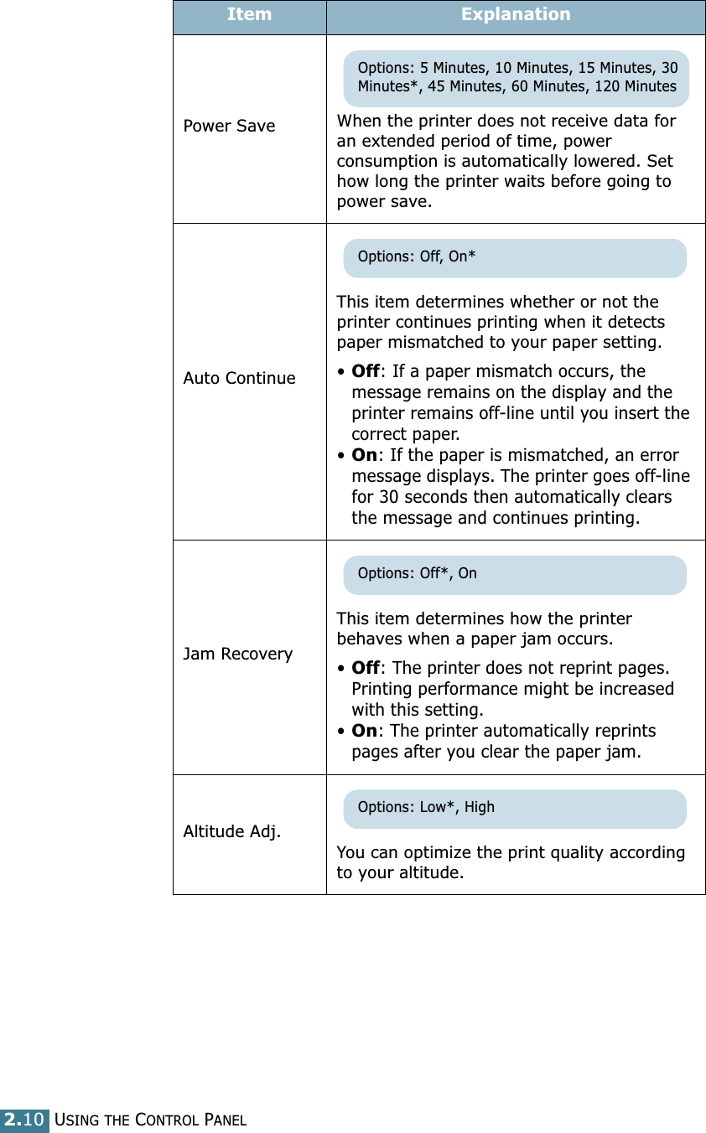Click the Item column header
click(x=249, y=15)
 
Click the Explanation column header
click(x=516, y=15)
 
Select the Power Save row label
click(x=229, y=126)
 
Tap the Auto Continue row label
click(x=239, y=378)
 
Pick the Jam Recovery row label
click(x=237, y=654)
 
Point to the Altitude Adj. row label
click(x=232, y=831)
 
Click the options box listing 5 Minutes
click(x=516, y=77)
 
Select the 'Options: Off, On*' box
click(x=514, y=257)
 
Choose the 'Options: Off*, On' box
click(x=514, y=574)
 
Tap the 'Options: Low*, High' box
click(x=514, y=808)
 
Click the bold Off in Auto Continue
click(x=366, y=371)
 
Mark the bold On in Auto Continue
click(x=364, y=455)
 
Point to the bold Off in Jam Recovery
click(x=366, y=668)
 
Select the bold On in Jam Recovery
click(x=364, y=731)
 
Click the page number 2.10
click(x=25, y=1120)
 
